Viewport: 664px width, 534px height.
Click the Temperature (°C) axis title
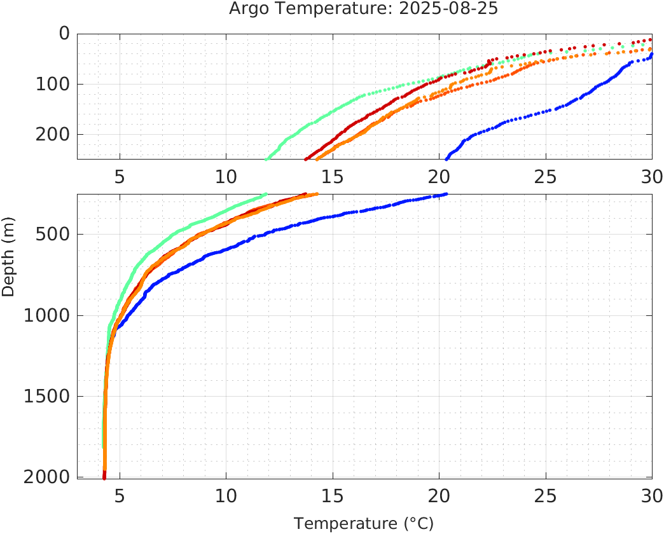pos(364,524)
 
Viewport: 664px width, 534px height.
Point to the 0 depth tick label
pos(64,33)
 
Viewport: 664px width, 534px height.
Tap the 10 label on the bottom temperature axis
pos(226,495)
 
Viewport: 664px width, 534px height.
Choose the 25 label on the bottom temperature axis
pos(545,495)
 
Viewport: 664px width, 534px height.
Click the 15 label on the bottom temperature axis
pos(332,495)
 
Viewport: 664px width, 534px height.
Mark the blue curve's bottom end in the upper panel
pos(446,158)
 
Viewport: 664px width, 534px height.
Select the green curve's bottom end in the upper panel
pos(266,158)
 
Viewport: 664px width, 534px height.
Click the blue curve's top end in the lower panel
pos(446,194)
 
